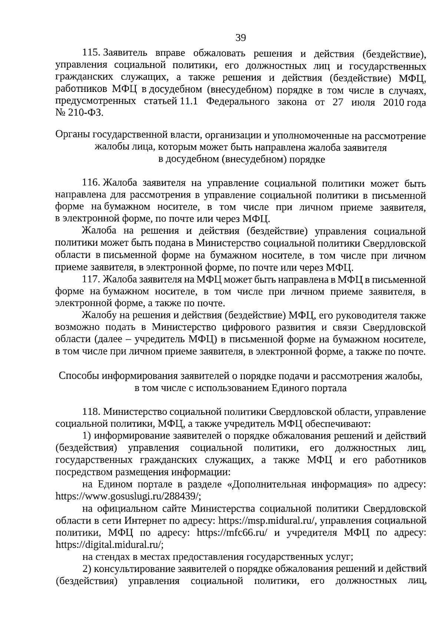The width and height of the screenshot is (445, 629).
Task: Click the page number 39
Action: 241,37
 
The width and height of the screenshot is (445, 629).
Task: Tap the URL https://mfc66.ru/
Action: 233,533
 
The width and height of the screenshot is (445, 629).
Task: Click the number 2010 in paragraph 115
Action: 394,102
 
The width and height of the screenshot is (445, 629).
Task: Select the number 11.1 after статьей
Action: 189,102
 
